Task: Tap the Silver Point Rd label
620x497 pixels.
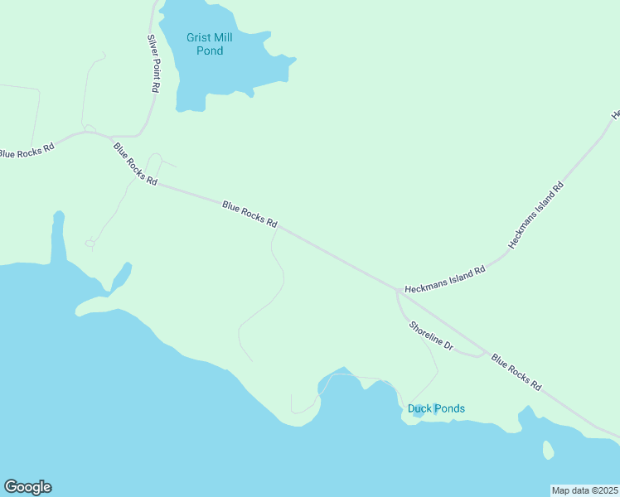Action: click(x=153, y=63)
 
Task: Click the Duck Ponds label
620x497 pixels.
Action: click(x=436, y=408)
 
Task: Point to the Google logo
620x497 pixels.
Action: click(x=27, y=487)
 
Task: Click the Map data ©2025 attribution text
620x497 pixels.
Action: click(x=584, y=490)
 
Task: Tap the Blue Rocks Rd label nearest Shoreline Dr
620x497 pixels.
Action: click(x=516, y=373)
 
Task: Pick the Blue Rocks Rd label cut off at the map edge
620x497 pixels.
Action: click(x=26, y=152)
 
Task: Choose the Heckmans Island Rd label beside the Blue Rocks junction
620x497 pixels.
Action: click(x=444, y=280)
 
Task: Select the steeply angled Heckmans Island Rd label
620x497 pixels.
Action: click(x=536, y=215)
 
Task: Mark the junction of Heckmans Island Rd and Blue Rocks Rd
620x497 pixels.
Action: click(x=396, y=290)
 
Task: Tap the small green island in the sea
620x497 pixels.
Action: click(x=547, y=450)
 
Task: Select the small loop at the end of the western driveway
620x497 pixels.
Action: click(x=90, y=243)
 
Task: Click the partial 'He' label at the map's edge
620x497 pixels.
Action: click(x=615, y=114)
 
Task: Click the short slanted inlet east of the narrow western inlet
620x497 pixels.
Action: click(x=121, y=275)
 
